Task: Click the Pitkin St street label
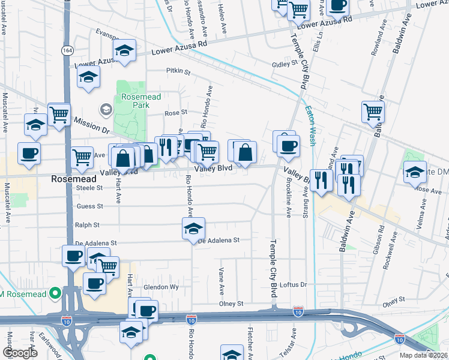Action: (x=178, y=71)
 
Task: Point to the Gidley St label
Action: (x=285, y=63)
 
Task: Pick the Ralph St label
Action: (x=86, y=225)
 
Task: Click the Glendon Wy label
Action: (x=161, y=287)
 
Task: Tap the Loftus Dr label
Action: (x=294, y=284)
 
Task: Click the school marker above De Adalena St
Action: (x=193, y=229)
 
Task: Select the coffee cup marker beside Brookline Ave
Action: (x=288, y=146)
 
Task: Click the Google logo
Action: (x=20, y=353)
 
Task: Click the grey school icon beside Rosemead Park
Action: (x=106, y=109)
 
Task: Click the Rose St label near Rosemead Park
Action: (x=176, y=112)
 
